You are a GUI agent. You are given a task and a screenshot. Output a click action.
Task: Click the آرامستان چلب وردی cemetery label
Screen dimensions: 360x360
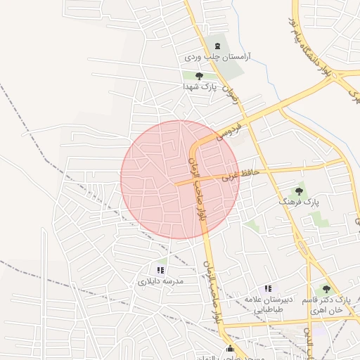coord(218,55)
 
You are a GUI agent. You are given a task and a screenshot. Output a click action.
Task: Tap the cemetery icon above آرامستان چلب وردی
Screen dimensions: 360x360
coord(217,44)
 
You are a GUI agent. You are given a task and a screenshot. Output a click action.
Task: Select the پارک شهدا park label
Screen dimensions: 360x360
coord(198,86)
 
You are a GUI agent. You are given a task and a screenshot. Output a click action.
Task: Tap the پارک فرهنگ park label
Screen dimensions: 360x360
coord(299,201)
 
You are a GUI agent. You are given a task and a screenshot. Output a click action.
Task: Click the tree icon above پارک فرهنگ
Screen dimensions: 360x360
coord(299,191)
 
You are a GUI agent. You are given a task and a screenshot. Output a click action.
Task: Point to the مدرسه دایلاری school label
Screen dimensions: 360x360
coord(160,281)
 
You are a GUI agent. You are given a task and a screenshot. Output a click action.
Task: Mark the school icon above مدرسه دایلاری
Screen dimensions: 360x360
coord(160,270)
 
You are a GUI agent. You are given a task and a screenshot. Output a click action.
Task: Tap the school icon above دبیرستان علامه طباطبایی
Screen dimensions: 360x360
coord(267,288)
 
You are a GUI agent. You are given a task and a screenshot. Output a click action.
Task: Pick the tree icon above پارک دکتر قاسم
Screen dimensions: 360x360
coord(325,289)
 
